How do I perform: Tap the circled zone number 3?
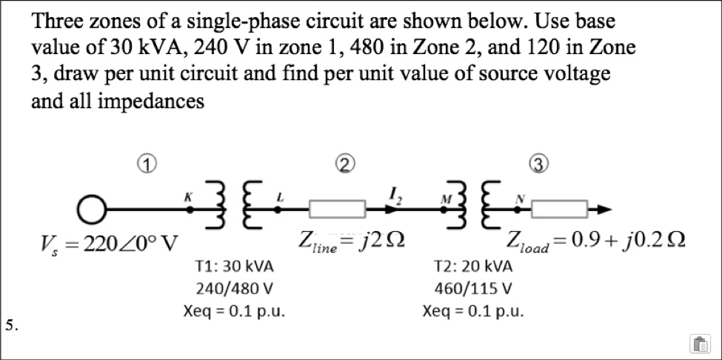(538, 161)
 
